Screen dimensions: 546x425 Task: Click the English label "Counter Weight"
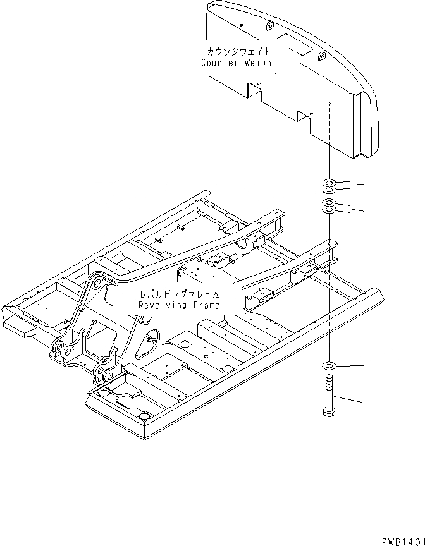click(238, 63)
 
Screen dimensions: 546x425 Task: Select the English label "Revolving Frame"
click(180, 306)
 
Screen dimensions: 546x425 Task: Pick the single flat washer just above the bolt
click(330, 366)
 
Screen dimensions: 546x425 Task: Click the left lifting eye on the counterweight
click(269, 27)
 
